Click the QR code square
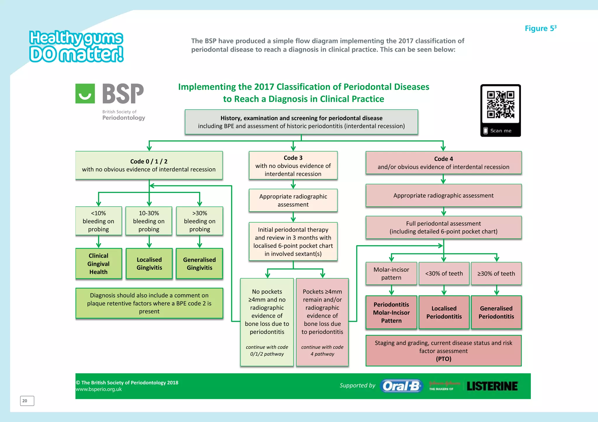(x=500, y=105)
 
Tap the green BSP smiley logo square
(x=85, y=94)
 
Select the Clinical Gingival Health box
(x=98, y=263)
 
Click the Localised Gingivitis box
(x=149, y=263)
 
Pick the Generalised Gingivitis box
(x=199, y=263)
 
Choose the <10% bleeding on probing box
(x=98, y=221)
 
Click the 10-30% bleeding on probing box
(x=149, y=221)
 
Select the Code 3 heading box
(x=293, y=165)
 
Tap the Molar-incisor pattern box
(x=391, y=273)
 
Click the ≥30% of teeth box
(x=496, y=273)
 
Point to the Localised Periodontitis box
(x=444, y=312)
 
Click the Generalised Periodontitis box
(x=496, y=312)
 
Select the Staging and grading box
(x=443, y=351)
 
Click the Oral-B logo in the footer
(x=401, y=386)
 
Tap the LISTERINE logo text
(x=492, y=386)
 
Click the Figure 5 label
(x=540, y=28)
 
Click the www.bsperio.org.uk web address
(x=99, y=389)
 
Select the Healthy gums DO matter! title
(x=76, y=46)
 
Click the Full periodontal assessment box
(x=443, y=227)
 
